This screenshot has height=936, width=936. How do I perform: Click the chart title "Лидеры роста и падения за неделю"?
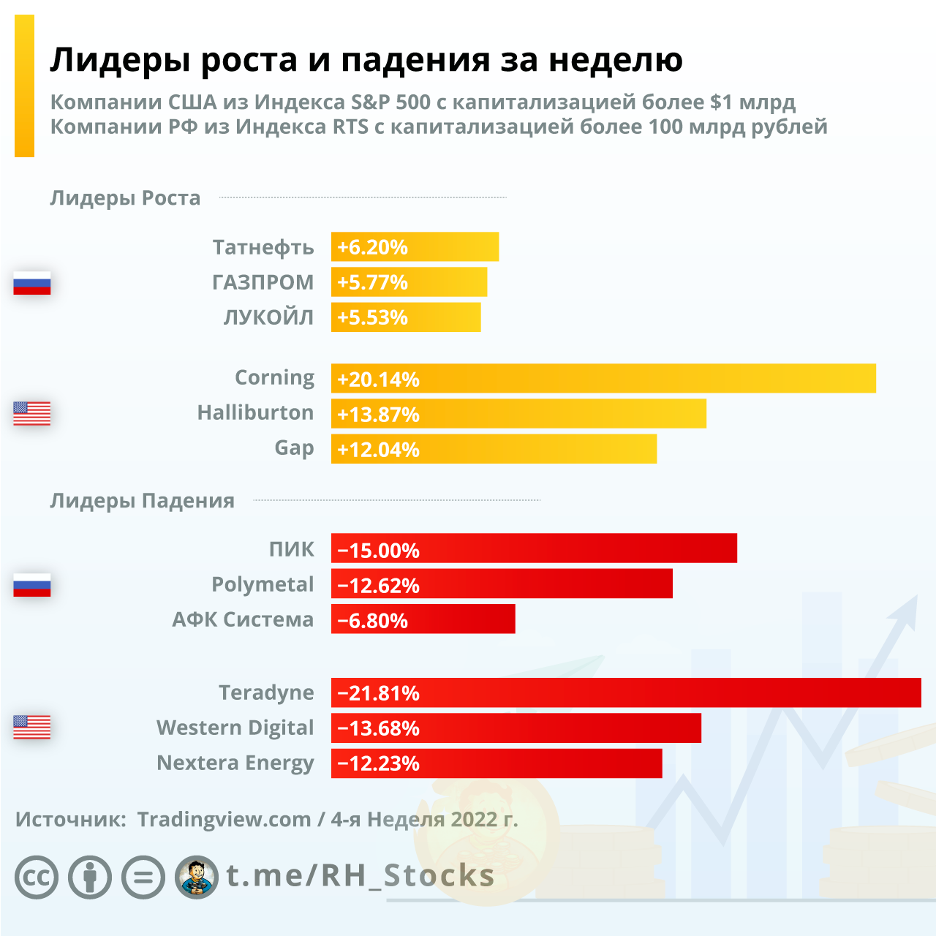366,60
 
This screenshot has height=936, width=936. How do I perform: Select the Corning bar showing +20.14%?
603,379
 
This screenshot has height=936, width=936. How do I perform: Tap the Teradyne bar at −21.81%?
626,692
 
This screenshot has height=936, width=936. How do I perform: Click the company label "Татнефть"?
263,247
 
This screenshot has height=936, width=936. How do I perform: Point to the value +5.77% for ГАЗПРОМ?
372,282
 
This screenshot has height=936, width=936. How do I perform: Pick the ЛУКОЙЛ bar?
406,317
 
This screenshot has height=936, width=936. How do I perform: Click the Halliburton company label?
255,412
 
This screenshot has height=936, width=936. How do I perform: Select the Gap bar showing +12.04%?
494,449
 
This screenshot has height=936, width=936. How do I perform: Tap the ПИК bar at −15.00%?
534,548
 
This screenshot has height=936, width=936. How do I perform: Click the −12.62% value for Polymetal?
379,586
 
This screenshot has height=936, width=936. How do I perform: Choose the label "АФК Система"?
243,619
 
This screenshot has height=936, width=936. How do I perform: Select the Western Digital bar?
516,728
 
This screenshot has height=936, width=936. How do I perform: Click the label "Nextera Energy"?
235,763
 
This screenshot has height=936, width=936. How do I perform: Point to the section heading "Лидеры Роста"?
125,198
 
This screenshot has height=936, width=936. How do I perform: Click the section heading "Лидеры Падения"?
142,501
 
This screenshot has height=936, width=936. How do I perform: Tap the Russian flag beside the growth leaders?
32,283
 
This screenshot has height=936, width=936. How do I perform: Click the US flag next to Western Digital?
32,727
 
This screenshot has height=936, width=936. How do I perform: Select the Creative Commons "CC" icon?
37,877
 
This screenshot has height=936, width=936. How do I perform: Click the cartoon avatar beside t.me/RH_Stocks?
197,877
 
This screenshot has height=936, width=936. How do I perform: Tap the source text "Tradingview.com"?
224,819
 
